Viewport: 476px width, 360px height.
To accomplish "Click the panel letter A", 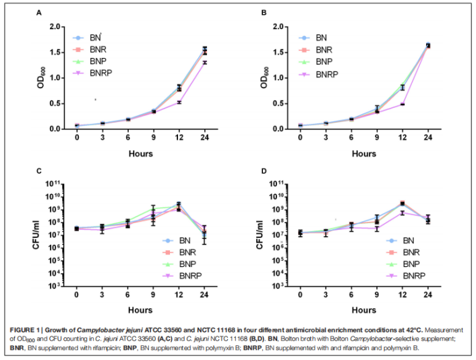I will point(57,13).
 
